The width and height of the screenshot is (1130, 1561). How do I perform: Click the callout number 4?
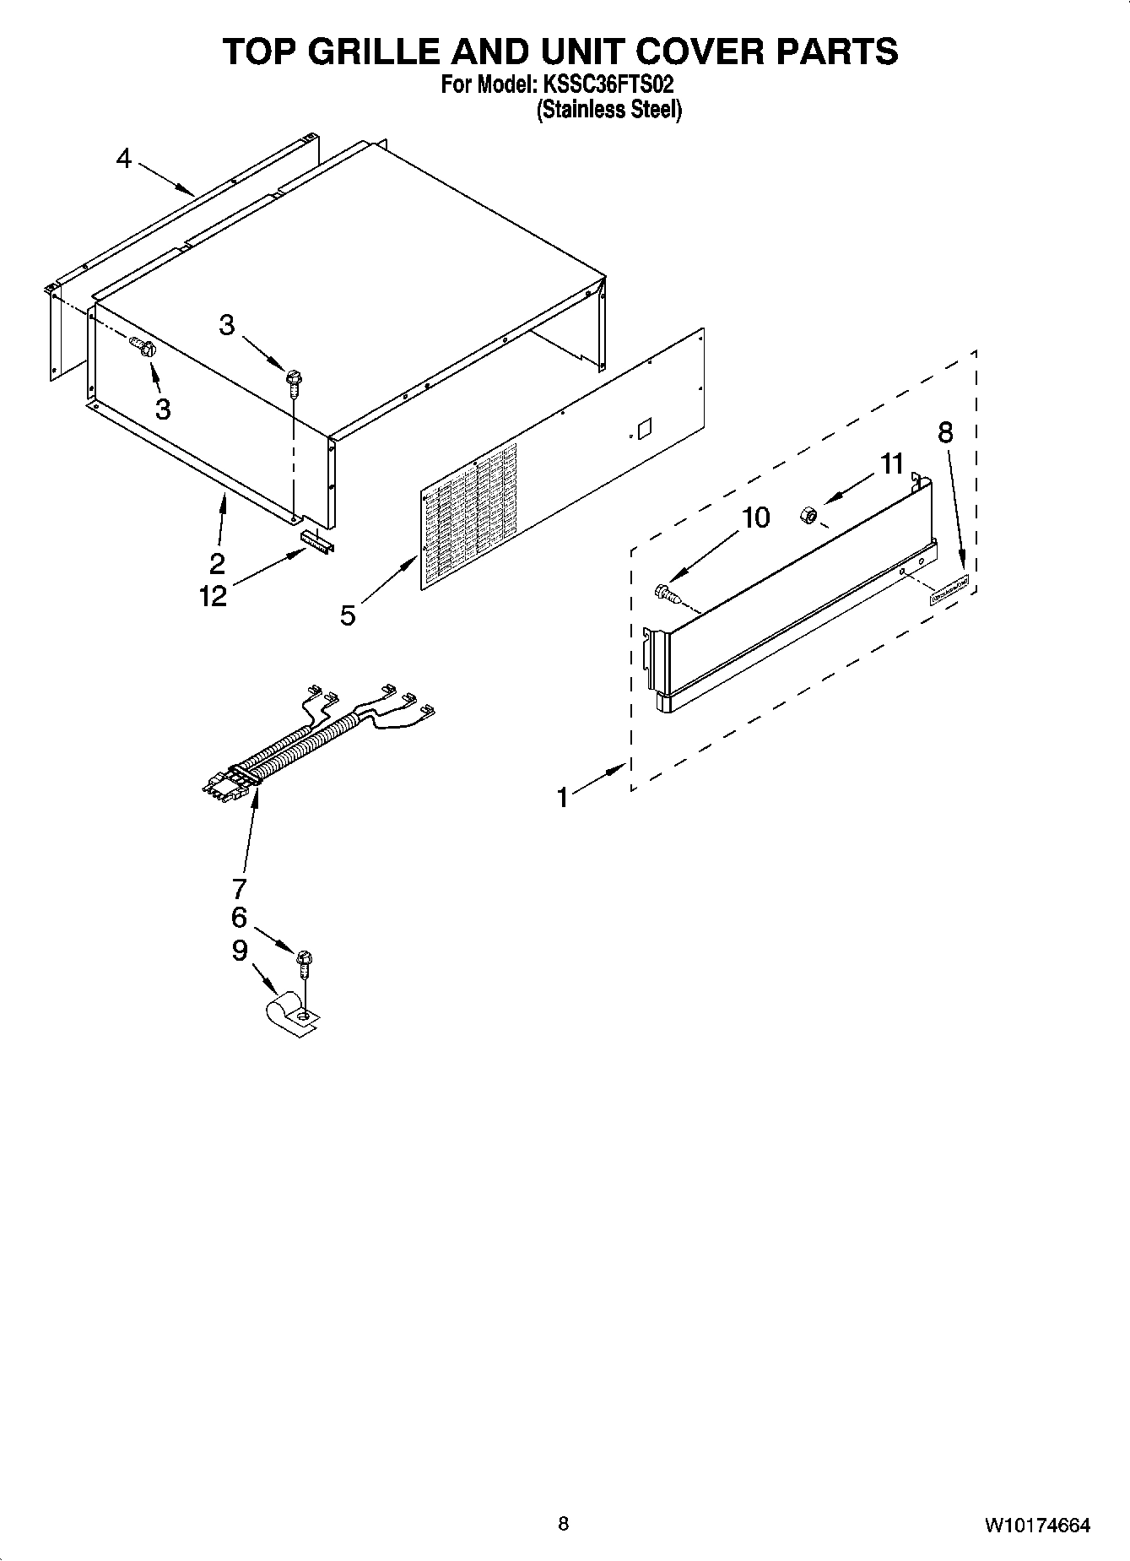[x=124, y=159]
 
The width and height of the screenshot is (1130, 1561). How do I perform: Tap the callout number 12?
[x=214, y=596]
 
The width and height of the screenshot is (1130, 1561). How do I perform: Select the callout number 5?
[x=348, y=615]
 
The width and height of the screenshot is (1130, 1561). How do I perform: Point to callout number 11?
[x=892, y=463]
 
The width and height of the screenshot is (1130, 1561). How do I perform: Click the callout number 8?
[x=946, y=432]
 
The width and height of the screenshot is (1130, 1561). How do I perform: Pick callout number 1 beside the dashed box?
[x=562, y=796]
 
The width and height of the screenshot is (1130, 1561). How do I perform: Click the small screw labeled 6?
[x=305, y=960]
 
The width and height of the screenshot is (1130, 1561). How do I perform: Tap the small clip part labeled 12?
[x=316, y=540]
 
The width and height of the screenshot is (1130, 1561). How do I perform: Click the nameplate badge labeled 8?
[x=949, y=591]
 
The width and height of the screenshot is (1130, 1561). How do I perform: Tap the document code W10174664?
[x=1036, y=1525]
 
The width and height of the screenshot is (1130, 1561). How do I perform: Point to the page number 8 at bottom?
[x=563, y=1523]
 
